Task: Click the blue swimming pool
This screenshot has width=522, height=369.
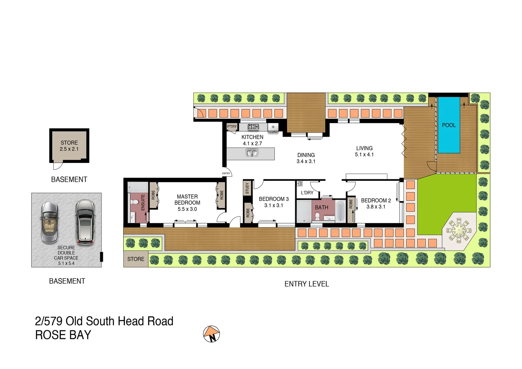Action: [449, 125]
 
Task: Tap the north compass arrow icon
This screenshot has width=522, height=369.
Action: [211, 334]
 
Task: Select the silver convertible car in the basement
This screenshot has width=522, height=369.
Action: [50, 222]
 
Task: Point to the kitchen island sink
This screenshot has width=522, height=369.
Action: [252, 153]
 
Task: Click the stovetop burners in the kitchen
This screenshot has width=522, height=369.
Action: [253, 127]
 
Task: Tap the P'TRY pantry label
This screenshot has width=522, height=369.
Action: [232, 126]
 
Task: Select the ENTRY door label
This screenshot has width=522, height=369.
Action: [226, 174]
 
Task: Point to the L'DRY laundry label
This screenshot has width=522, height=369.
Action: [307, 193]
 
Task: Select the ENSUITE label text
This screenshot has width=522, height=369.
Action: [143, 202]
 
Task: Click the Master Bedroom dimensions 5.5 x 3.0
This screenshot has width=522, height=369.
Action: [187, 209]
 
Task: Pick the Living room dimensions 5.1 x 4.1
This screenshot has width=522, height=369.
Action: [364, 154]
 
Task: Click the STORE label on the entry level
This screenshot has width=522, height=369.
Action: [136, 259]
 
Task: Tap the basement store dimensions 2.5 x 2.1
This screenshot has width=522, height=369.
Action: [69, 149]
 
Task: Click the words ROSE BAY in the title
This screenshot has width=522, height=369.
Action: [63, 335]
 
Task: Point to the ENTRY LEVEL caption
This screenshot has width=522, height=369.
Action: [306, 284]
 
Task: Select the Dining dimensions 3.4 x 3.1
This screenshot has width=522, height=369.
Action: [306, 161]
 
